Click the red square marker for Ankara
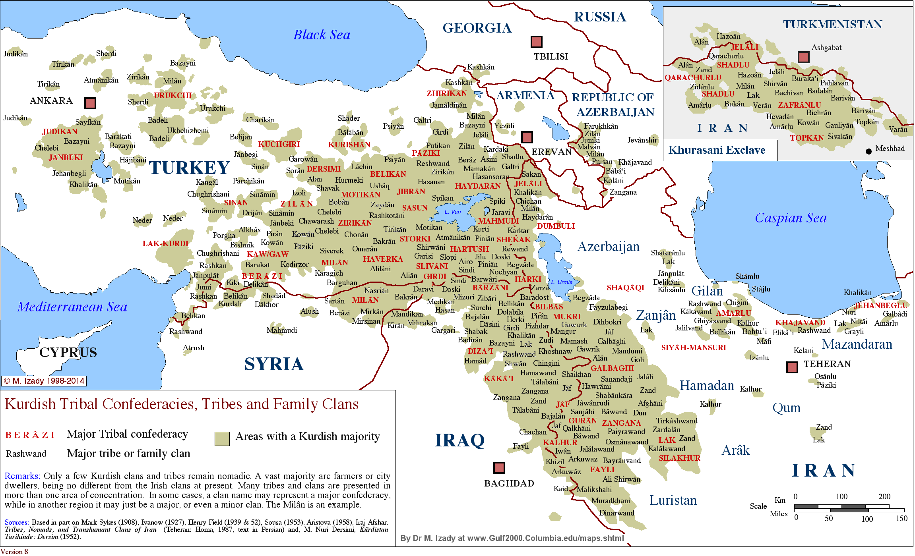[90, 103]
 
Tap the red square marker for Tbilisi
[536, 42]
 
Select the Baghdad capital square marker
[499, 468]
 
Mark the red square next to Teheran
[792, 367]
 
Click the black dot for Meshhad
[868, 151]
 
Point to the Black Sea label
[322, 35]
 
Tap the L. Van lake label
[452, 212]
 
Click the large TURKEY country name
[189, 168]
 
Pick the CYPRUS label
[68, 352]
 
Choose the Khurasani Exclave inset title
[716, 150]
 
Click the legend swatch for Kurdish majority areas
[222, 438]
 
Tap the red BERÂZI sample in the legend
[30, 435]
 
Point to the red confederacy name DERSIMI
[323, 169]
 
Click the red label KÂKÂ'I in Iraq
[498, 378]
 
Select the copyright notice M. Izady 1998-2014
[44, 381]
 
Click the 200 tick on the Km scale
[884, 496]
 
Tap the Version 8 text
[14, 551]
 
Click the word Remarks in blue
[21, 476]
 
